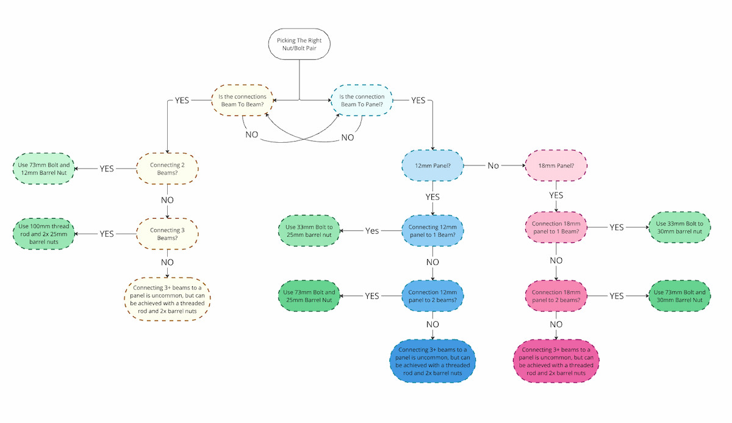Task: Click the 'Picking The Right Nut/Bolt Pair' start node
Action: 298,45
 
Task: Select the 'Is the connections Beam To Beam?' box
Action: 242,100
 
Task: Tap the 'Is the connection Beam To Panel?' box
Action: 362,100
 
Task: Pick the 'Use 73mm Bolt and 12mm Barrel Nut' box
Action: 43,168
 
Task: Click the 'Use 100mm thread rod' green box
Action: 43,234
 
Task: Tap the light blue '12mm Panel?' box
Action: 432,165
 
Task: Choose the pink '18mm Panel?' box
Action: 556,165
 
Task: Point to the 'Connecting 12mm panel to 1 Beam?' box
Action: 432,231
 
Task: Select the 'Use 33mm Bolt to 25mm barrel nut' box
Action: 310,231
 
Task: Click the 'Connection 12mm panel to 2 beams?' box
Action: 432,296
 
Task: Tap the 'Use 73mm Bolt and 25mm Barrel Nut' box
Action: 310,296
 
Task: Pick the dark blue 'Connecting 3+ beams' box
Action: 432,361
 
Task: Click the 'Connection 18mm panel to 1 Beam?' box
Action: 556,227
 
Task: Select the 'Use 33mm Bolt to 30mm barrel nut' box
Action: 680,227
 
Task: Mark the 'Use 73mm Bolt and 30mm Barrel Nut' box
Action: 680,296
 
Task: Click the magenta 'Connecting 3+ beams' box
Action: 556,361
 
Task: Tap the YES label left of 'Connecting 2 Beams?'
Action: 107,169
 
